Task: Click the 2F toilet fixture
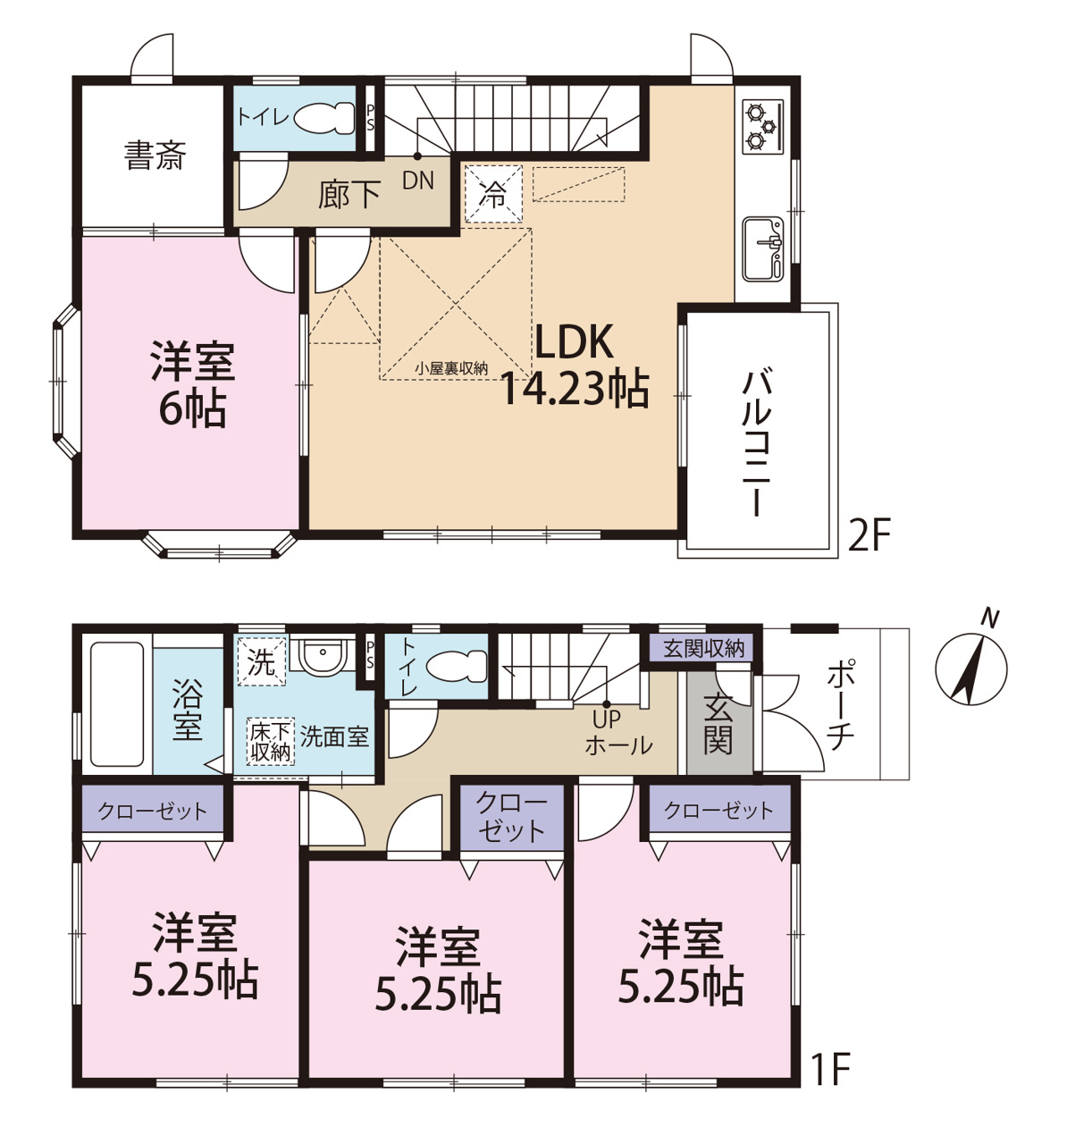pyautogui.click(x=324, y=119)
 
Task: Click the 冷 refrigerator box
pyautogui.click(x=493, y=194)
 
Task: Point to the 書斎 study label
pyautogui.click(x=155, y=156)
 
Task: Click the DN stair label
pyautogui.click(x=417, y=181)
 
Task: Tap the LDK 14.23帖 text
pyautogui.click(x=575, y=366)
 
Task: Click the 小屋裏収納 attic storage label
pyautogui.click(x=451, y=368)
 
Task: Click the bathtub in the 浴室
pyautogui.click(x=117, y=704)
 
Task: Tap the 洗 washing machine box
pyautogui.click(x=262, y=662)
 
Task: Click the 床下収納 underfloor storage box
pyautogui.click(x=270, y=740)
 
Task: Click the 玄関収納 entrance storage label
pyautogui.click(x=703, y=649)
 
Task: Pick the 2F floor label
pyautogui.click(x=870, y=535)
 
